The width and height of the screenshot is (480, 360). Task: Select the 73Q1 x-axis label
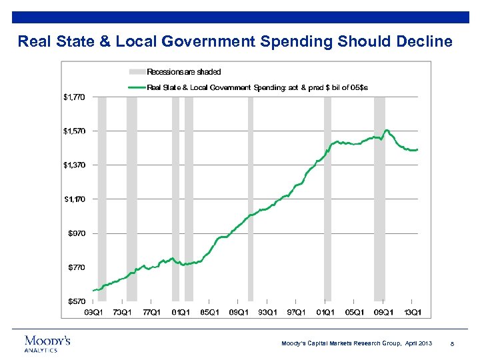122,311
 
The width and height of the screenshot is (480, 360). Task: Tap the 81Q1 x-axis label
181,311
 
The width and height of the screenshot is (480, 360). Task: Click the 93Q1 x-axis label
267,311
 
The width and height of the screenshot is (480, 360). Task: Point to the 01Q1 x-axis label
325,311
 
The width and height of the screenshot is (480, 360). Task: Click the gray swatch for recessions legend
136,71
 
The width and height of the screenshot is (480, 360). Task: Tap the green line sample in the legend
136,87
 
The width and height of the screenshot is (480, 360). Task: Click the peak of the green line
387,130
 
